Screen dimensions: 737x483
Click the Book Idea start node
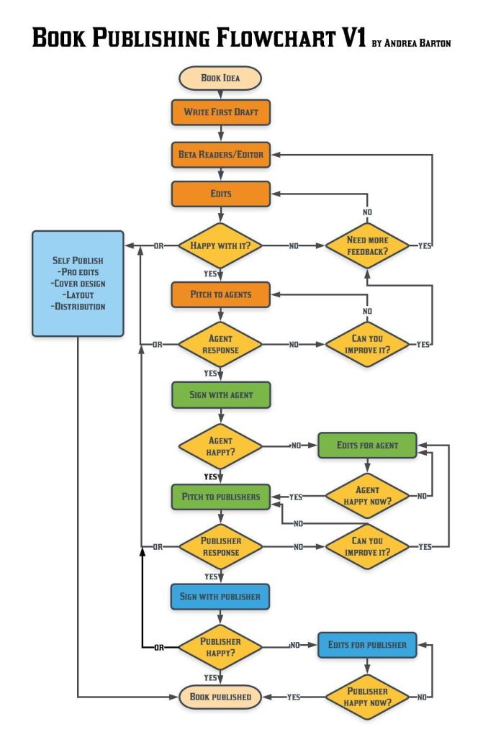coord(220,78)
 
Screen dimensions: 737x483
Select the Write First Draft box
coord(220,113)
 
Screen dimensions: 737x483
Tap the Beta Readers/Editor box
coord(220,154)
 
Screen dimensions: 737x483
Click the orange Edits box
coord(220,194)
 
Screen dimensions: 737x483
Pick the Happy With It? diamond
coord(220,245)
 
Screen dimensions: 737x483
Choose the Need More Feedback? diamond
coord(367,245)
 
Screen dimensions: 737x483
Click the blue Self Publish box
coord(78,284)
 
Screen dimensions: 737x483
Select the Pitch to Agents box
coord(220,294)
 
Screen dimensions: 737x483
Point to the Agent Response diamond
coord(220,345)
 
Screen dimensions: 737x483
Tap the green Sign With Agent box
coord(220,395)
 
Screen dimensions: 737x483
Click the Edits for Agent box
coord(367,446)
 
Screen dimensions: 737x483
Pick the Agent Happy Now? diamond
coord(367,496)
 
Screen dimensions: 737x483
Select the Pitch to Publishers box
coord(220,497)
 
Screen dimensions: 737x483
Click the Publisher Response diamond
coord(220,546)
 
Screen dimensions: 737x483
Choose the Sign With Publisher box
coord(220,597)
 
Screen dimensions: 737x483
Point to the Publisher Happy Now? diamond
coord(367,697)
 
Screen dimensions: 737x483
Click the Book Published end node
coord(220,697)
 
